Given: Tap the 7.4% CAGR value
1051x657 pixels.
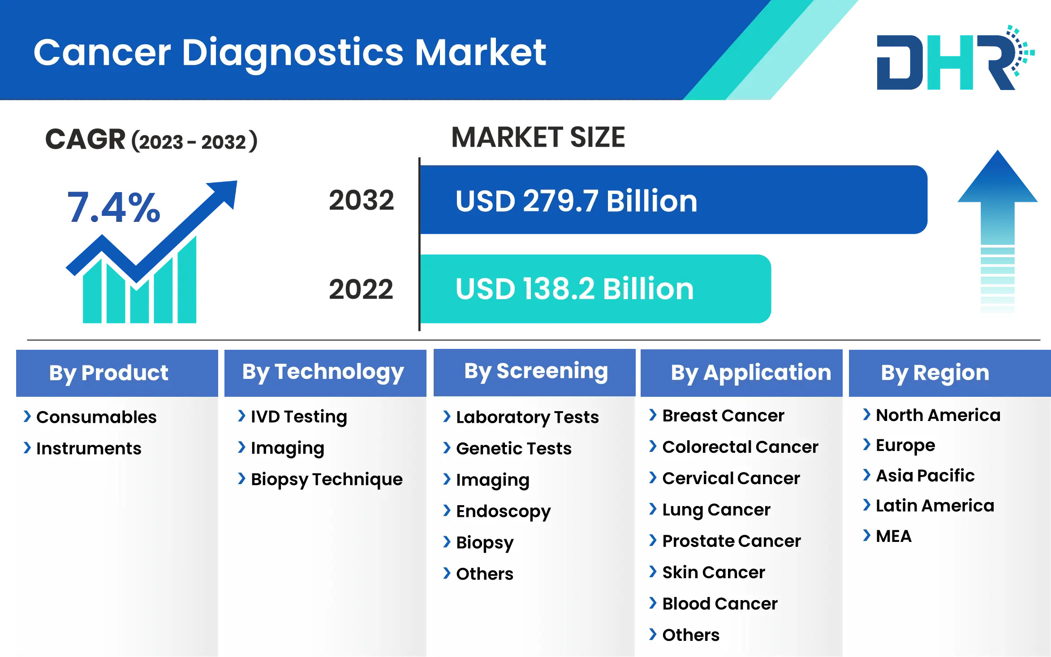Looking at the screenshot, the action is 114,207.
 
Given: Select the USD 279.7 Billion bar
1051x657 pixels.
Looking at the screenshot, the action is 673,200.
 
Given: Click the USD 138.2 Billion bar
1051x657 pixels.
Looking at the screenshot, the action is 595,289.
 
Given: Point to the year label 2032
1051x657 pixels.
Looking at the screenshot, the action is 361,200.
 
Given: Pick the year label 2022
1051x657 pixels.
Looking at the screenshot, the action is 361,289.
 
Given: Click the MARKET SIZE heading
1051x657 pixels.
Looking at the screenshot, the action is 538,137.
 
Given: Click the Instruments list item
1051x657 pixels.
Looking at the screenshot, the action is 89,448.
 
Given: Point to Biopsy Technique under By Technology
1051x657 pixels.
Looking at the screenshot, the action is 327,480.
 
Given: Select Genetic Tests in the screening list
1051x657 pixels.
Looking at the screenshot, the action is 514,448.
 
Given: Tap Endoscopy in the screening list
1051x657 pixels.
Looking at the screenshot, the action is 504,511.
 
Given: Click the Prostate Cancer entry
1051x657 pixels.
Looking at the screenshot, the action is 732,541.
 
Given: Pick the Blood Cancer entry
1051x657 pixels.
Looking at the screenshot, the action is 720,604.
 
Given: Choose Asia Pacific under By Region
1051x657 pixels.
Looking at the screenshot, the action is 925,476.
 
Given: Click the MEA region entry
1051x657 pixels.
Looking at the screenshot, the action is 894,536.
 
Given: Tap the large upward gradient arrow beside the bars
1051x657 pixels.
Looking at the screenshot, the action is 997,231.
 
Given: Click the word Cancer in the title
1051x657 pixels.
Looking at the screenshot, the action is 102,53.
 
